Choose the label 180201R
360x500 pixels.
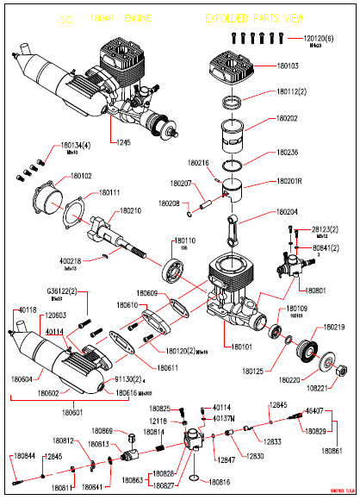(x=292, y=182)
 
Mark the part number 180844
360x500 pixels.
(x=24, y=455)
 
